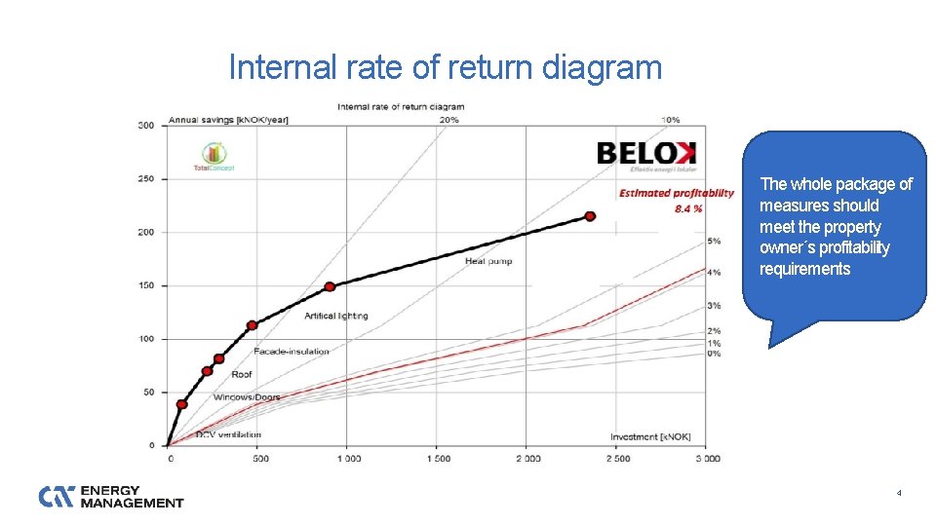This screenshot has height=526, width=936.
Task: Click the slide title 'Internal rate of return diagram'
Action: [445, 68]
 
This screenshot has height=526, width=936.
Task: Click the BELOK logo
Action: [646, 154]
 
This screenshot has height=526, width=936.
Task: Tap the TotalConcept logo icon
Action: [214, 154]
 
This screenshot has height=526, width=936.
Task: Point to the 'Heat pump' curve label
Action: [488, 261]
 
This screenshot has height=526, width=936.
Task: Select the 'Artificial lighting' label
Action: [336, 316]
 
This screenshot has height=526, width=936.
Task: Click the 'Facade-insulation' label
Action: [291, 351]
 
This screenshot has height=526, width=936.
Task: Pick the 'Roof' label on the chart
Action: [242, 374]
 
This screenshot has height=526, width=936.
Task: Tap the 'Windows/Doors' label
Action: [246, 397]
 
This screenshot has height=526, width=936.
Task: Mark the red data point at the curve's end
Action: [590, 216]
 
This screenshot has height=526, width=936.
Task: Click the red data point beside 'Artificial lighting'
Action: [330, 286]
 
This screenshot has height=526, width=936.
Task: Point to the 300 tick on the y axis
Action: [145, 125]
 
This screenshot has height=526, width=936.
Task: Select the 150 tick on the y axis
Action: [145, 285]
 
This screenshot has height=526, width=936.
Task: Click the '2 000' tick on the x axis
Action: [526, 458]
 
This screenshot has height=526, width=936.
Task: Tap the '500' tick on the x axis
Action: [258, 458]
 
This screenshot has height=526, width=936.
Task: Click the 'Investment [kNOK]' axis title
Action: [650, 436]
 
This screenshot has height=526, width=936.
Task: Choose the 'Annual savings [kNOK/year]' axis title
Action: [228, 120]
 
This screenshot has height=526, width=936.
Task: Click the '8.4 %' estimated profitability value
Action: [688, 208]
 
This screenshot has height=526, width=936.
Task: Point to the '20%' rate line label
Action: [449, 120]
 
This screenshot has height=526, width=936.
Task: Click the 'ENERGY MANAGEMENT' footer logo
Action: [111, 497]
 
